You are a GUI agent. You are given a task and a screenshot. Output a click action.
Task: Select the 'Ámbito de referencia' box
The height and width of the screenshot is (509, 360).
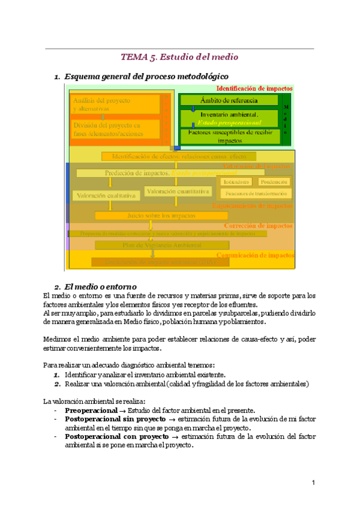tap(229, 100)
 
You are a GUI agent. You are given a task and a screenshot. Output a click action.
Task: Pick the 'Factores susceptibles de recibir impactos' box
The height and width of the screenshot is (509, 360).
tap(229, 136)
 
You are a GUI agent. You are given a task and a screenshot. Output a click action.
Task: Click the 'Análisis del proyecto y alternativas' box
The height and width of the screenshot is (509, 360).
tap(115, 104)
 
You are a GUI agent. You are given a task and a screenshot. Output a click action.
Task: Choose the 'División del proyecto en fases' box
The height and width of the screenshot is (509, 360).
tap(115, 129)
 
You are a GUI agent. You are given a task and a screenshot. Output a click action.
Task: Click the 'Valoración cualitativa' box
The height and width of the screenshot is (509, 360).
tap(106, 195)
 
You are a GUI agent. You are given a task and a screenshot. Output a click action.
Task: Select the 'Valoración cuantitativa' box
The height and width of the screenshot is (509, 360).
tap(178, 191)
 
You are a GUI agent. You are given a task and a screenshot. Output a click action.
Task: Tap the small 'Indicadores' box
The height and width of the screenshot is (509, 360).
tap(236, 181)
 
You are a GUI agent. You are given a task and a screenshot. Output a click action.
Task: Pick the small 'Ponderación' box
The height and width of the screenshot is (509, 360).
tap(274, 181)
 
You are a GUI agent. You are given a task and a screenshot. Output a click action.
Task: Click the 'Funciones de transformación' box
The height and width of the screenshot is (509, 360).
tap(256, 193)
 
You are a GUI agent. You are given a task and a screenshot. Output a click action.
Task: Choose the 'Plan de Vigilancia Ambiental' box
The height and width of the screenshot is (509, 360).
tap(154, 245)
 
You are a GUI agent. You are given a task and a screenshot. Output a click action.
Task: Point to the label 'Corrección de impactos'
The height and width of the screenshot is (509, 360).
tap(258, 226)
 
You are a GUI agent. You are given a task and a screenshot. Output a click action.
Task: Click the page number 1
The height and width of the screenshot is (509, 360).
tap(313, 483)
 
